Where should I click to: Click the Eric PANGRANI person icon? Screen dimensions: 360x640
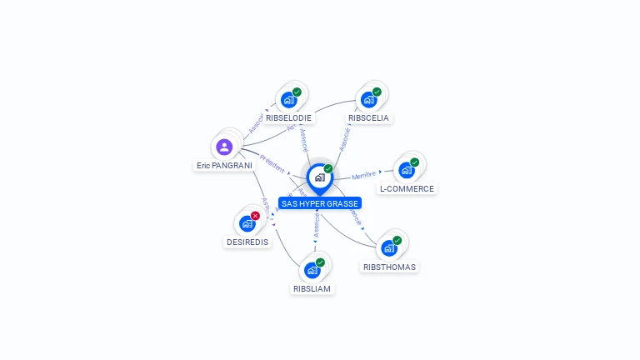[x=224, y=147]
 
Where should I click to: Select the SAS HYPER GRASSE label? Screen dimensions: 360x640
[x=320, y=203]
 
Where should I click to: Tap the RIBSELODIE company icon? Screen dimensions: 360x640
[x=288, y=100]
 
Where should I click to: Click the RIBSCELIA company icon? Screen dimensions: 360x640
[x=368, y=100]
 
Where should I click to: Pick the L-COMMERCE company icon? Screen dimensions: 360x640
[x=406, y=170]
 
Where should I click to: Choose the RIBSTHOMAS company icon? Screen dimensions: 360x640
[x=388, y=248]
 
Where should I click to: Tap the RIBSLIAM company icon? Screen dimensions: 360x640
[x=312, y=270]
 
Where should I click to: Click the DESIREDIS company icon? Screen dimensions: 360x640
[x=247, y=223]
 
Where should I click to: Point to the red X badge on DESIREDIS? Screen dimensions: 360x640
[x=255, y=216]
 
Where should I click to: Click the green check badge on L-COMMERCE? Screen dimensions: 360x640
[x=415, y=162]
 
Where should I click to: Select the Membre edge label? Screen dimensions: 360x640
[x=364, y=176]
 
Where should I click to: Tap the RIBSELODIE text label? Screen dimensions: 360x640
[x=288, y=118]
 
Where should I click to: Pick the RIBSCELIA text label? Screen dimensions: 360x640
[x=368, y=118]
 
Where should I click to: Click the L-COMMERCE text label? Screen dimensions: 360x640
[x=407, y=189]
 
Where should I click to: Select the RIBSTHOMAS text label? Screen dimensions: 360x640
[x=389, y=267]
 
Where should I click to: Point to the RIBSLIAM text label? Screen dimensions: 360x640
[x=312, y=289]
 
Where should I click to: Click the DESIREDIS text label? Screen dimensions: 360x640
[x=247, y=242]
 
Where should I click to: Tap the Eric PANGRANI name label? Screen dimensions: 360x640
[x=224, y=166]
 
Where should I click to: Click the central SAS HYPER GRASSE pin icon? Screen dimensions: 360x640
[x=319, y=177]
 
